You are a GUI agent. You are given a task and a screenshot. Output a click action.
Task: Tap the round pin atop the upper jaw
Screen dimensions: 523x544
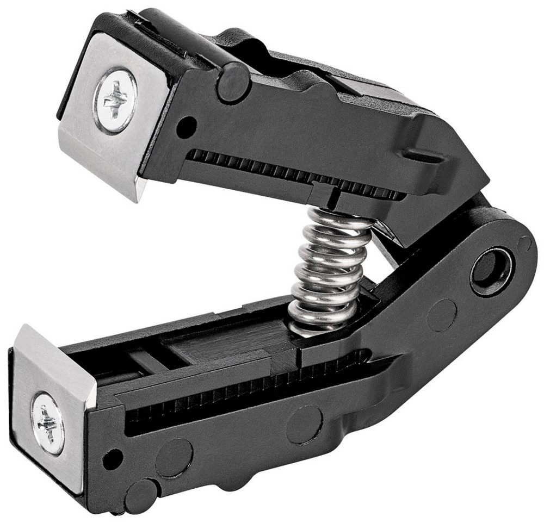click(x=233, y=83)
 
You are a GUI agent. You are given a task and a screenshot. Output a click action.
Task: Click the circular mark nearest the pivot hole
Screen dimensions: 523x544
click(x=441, y=315)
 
